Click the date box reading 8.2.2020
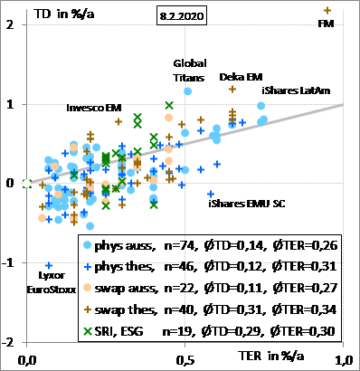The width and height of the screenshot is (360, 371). (182, 15)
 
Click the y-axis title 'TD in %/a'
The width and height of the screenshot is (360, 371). (64, 14)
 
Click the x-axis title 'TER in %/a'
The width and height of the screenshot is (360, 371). (271, 356)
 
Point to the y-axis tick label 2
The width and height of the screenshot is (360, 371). (10, 24)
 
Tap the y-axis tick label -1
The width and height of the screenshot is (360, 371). (8, 262)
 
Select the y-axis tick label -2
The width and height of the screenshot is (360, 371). (8, 342)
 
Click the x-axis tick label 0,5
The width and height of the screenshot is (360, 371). (185, 360)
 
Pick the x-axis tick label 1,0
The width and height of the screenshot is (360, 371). (344, 360)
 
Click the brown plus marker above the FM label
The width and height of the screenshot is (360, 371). (327, 11)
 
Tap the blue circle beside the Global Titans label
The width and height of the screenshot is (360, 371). (187, 91)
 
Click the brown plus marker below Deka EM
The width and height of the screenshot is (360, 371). (232, 89)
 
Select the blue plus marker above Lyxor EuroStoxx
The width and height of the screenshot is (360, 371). (49, 265)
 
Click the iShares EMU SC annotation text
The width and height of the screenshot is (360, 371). (247, 204)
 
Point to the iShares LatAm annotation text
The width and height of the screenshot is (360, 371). (296, 90)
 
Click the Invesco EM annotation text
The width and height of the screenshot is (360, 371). (94, 108)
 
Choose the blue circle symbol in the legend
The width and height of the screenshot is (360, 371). (88, 245)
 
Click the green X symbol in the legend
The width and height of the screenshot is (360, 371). (88, 331)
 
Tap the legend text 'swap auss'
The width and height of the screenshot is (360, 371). (127, 289)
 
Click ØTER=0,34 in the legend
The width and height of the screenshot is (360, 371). (304, 309)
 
